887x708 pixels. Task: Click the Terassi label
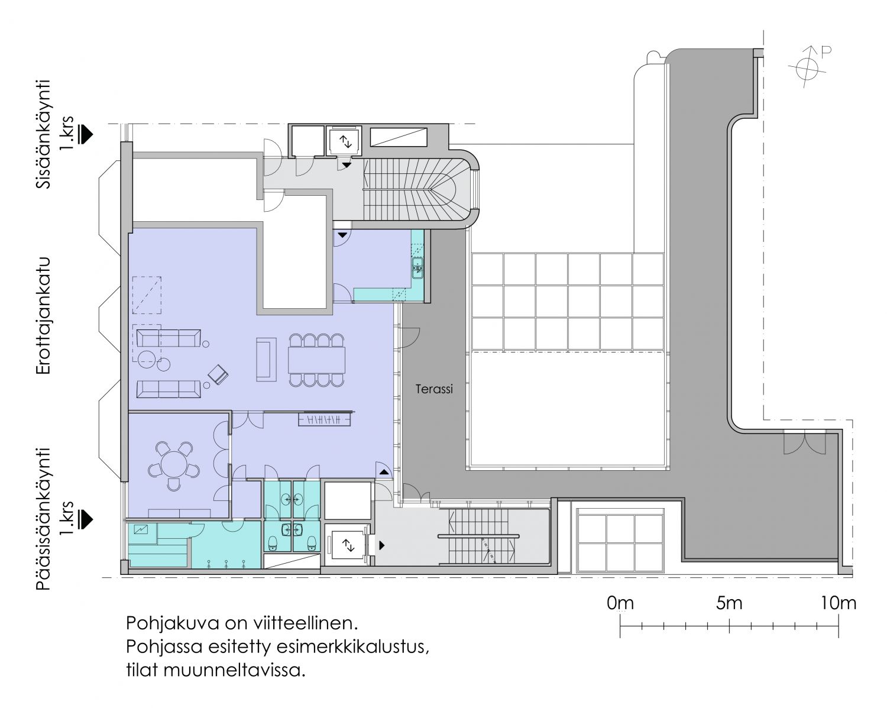[x=434, y=389]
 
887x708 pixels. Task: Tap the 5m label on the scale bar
[x=729, y=603]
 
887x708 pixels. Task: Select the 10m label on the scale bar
[x=839, y=603]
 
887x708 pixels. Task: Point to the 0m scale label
[x=620, y=603]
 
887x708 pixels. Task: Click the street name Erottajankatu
[x=43, y=316]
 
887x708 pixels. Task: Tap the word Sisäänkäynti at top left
[x=43, y=134]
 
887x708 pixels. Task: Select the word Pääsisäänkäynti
[x=43, y=519]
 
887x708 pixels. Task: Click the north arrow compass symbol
[x=807, y=68]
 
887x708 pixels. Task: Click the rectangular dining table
[x=316, y=360]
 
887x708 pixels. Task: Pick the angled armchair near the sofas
[x=218, y=375]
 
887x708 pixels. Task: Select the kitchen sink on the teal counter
[x=417, y=266]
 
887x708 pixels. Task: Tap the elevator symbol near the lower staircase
[x=349, y=545]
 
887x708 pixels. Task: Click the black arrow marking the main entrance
[x=85, y=519]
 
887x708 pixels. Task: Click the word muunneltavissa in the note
[x=234, y=670]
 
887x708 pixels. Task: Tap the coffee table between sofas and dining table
[x=266, y=359]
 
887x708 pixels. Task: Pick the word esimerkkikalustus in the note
[x=352, y=646]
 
